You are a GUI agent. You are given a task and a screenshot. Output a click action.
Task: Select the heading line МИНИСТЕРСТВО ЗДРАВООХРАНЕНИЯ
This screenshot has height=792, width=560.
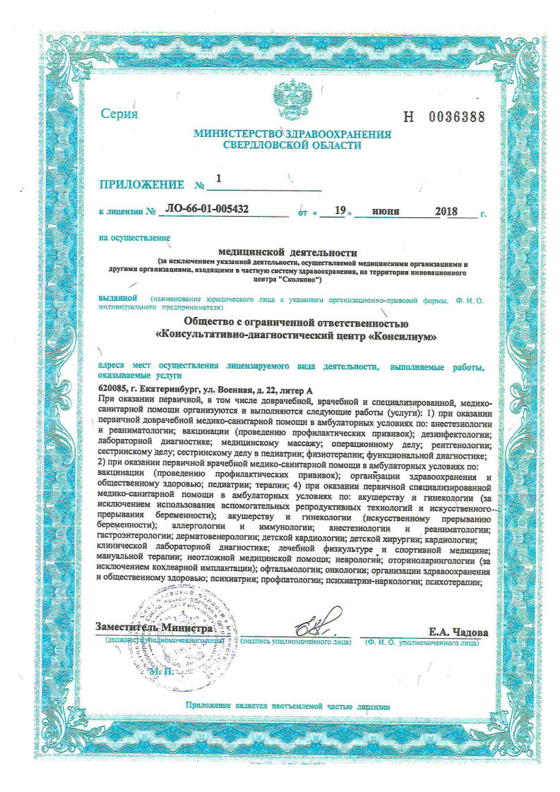[x=292, y=133]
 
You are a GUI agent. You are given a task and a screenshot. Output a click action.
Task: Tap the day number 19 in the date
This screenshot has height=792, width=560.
[x=340, y=210]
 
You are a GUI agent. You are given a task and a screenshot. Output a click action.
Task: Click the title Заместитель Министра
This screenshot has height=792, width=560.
[x=154, y=628]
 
